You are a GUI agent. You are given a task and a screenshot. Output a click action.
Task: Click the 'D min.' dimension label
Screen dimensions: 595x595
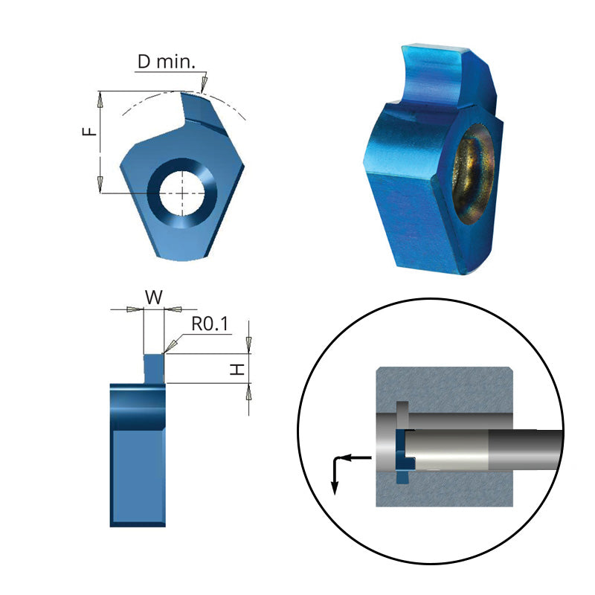[x=167, y=61]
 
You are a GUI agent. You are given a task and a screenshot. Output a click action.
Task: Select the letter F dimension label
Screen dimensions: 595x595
[x=89, y=132]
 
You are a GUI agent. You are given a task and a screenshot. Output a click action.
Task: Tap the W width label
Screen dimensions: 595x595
[x=153, y=297]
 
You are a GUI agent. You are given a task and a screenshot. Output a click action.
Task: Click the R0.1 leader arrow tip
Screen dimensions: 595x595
[x=168, y=351]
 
